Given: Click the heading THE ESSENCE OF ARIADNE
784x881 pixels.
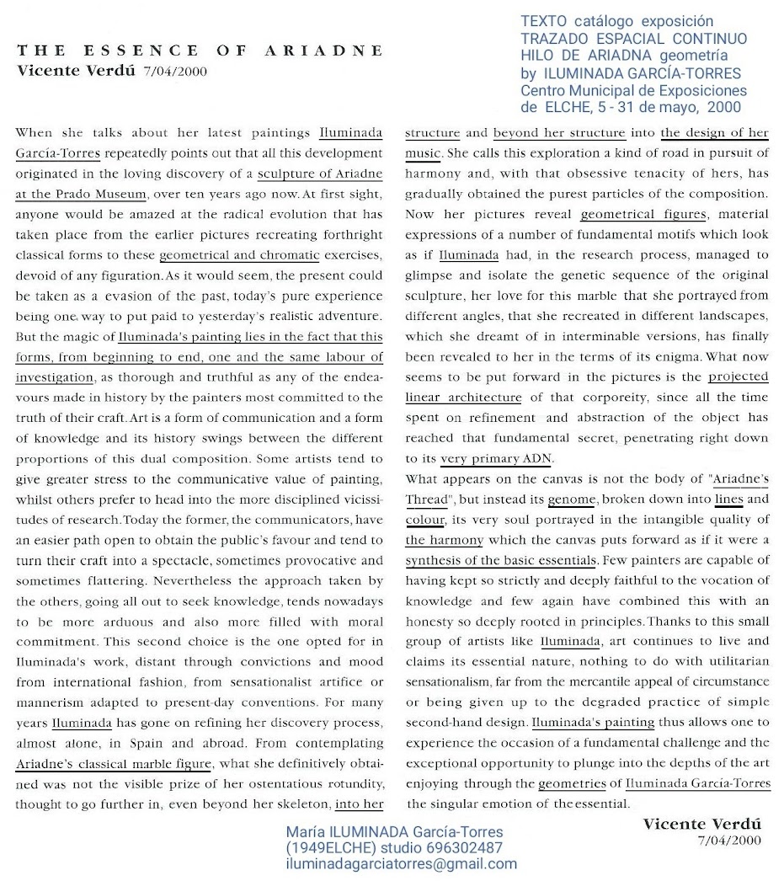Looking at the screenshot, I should pos(200,51).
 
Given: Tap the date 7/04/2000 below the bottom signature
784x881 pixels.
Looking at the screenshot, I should pos(729,840).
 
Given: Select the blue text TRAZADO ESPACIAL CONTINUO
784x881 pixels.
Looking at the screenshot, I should pos(633,38).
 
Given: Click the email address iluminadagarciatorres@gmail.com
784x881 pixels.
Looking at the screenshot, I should pos(402,863).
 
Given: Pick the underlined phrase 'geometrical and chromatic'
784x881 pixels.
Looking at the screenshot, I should pos(239,254).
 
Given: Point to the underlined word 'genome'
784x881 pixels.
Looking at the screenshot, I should pos(572,499).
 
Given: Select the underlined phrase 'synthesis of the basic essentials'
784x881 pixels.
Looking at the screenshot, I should pos(501,560).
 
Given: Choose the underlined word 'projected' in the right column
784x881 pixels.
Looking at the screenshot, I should pos(739,376).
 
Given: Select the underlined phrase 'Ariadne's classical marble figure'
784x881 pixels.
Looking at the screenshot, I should pos(114,763).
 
